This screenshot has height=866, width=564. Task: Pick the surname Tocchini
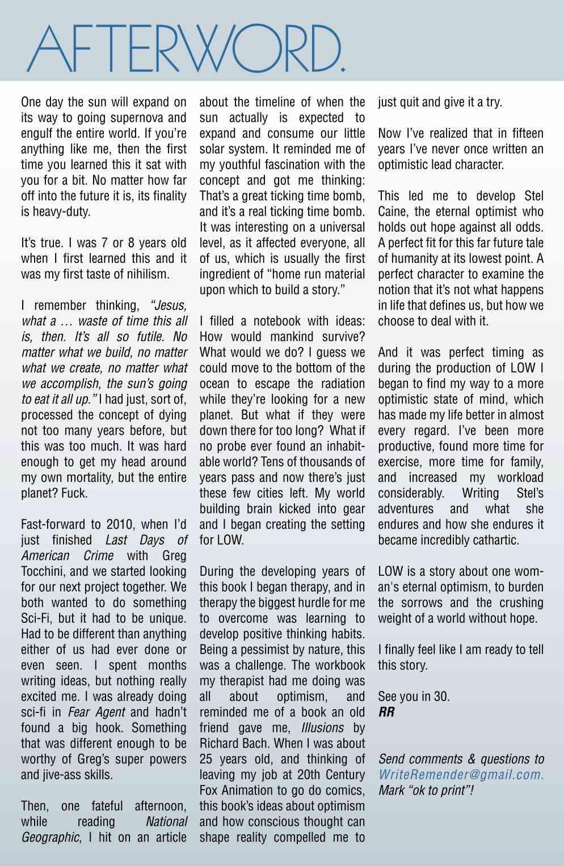[x=45, y=571]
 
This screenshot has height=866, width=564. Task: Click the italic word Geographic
[x=50, y=837]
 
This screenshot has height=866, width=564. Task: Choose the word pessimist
[x=265, y=649]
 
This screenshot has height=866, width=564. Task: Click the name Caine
[x=394, y=212]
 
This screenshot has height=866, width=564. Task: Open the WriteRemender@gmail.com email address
[x=461, y=774]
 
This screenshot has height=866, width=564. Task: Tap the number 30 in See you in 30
[x=441, y=697]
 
